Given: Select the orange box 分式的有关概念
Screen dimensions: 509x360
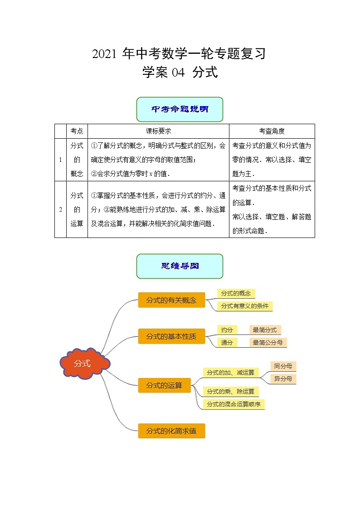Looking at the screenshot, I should [x=171, y=300].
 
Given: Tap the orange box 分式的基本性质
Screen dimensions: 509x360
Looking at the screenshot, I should [x=171, y=336].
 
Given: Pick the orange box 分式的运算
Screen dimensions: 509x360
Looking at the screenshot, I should [x=164, y=385].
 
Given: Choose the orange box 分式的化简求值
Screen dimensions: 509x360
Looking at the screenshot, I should [x=171, y=431].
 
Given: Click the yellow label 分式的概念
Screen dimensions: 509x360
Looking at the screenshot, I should [x=236, y=293].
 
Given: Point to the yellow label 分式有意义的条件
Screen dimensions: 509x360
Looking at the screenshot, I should [x=245, y=306].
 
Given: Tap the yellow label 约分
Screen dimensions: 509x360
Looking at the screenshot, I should [x=227, y=330].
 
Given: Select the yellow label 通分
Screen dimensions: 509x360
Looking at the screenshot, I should [x=227, y=343].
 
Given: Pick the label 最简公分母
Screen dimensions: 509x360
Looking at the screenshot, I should [x=268, y=343].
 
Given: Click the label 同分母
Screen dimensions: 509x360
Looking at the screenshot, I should [x=283, y=366].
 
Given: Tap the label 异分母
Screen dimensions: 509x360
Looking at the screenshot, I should [x=283, y=379].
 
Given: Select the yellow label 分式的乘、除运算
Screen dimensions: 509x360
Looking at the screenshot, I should [x=230, y=391].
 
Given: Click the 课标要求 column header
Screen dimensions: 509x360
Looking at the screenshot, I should [x=158, y=131].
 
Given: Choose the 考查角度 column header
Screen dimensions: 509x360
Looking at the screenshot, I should [x=272, y=131].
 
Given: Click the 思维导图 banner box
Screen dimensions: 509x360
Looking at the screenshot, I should [x=180, y=266].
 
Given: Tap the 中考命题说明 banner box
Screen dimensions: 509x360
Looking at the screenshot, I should [x=180, y=109].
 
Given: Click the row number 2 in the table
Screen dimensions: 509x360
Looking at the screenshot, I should [x=60, y=209].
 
